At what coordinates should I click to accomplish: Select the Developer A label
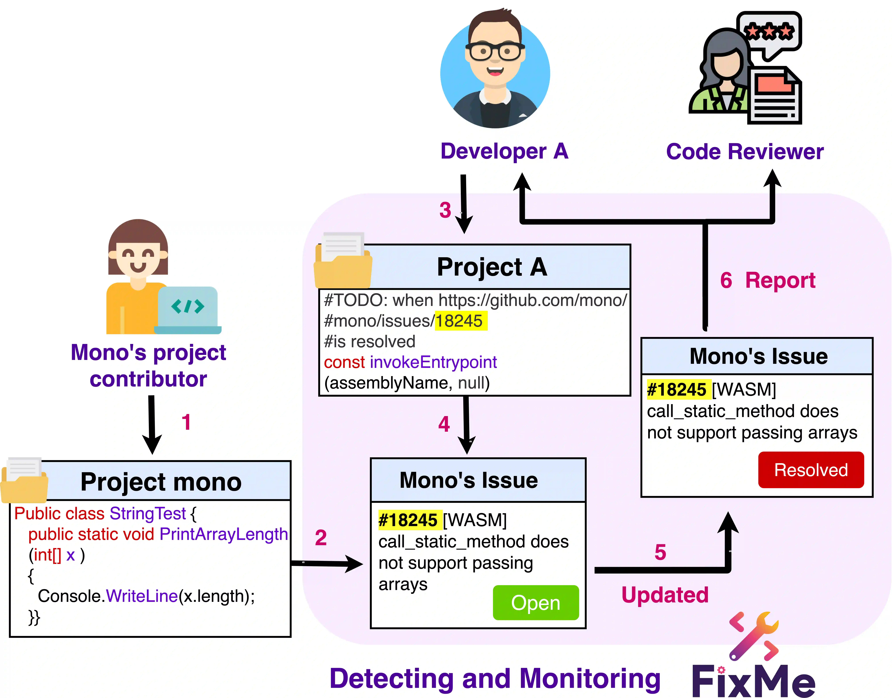click(504, 151)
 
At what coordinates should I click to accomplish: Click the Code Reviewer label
click(745, 152)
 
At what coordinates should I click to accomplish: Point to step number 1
click(186, 422)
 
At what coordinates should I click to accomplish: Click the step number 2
click(321, 538)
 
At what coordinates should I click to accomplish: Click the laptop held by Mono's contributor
click(188, 309)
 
